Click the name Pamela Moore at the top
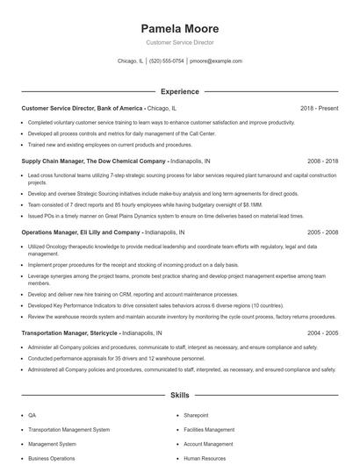pyautogui.click(x=179, y=28)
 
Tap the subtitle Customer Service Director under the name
pyautogui.click(x=179, y=42)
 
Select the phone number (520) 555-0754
pyautogui.click(x=167, y=61)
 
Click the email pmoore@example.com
pyautogui.click(x=216, y=61)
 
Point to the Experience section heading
pyautogui.click(x=179, y=91)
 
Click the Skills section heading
pyautogui.click(x=179, y=396)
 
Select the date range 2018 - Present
pyautogui.click(x=318, y=108)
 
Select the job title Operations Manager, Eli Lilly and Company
pyautogui.click(x=80, y=232)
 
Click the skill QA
pyautogui.click(x=32, y=415)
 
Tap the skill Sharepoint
pyautogui.click(x=196, y=415)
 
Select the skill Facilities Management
pyautogui.click(x=209, y=430)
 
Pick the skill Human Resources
pyautogui.click(x=205, y=458)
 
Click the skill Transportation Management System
pyautogui.click(x=69, y=430)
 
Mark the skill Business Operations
pyautogui.click(x=51, y=458)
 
